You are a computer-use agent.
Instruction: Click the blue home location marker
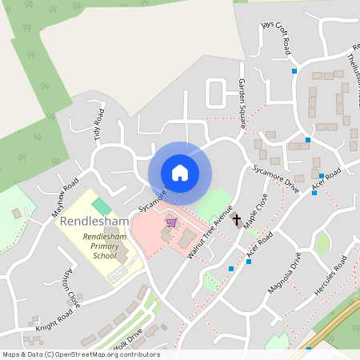click(x=180, y=172)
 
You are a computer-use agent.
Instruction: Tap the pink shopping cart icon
click(x=170, y=222)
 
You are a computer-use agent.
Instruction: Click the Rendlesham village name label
click(x=94, y=220)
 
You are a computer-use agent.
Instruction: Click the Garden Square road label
click(x=241, y=103)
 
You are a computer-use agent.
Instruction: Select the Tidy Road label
click(x=98, y=123)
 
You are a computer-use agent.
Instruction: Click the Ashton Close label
click(x=71, y=288)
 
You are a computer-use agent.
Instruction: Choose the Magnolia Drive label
click(x=285, y=273)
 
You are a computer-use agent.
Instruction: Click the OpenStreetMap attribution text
click(x=80, y=354)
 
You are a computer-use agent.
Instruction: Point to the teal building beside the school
click(x=102, y=206)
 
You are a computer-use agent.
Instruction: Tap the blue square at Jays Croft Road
click(x=295, y=71)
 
